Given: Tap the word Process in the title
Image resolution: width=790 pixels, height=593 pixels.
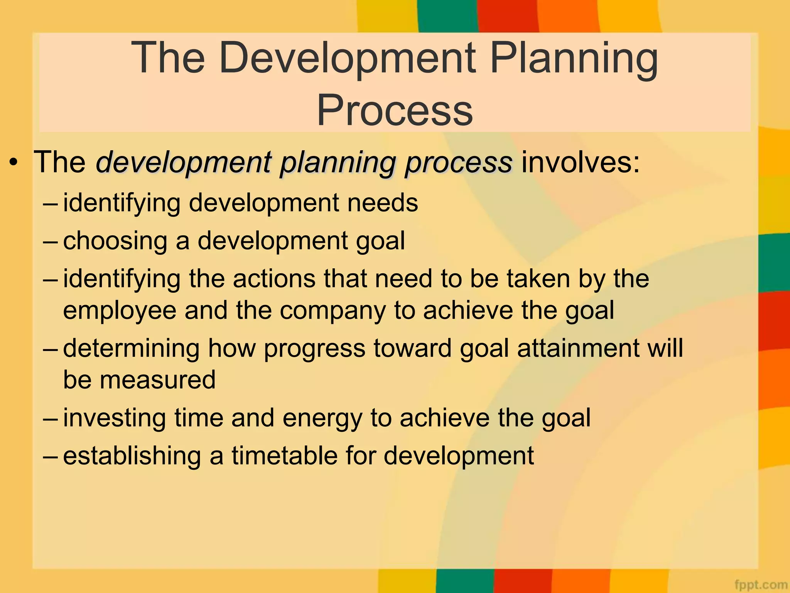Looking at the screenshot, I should tap(395, 110).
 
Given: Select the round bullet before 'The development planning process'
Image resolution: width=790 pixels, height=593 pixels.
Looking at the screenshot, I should tap(14, 163).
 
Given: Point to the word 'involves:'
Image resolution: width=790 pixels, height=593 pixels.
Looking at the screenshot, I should tap(581, 162).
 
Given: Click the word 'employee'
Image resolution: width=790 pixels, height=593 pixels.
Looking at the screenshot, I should tap(120, 311).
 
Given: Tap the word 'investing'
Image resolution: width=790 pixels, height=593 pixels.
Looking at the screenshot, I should tap(115, 418).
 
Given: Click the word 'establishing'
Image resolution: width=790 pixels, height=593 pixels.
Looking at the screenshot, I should tap(132, 456).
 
